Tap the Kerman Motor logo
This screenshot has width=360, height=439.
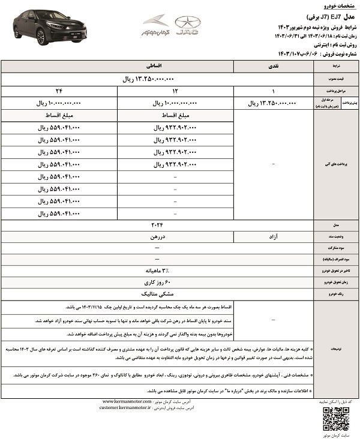(x=155, y=26)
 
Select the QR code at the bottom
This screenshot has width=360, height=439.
(x=335, y=418)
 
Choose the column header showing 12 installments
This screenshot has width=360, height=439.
(x=174, y=91)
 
